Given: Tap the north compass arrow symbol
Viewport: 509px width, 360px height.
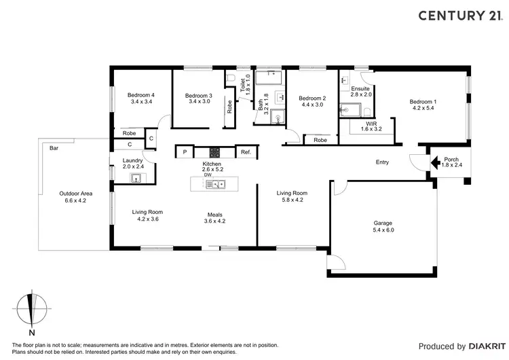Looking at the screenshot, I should pyautogui.click(x=31, y=310).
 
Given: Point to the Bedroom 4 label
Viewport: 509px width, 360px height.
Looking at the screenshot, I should pyautogui.click(x=143, y=95).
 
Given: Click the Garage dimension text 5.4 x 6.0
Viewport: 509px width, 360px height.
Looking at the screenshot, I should pyautogui.click(x=383, y=230).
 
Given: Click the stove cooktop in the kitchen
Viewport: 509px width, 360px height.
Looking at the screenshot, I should pyautogui.click(x=214, y=152).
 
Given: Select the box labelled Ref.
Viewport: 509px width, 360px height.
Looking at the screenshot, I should pyautogui.click(x=246, y=152).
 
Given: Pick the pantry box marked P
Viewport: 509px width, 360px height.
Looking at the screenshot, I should pyautogui.click(x=184, y=152).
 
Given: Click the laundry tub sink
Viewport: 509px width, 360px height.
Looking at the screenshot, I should pyautogui.click(x=136, y=178).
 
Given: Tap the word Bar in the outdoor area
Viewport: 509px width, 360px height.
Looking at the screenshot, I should pyautogui.click(x=54, y=147).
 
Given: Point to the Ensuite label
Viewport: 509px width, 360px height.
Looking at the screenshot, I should pyautogui.click(x=360, y=88).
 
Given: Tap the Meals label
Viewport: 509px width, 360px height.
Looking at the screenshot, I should pyautogui.click(x=214, y=215).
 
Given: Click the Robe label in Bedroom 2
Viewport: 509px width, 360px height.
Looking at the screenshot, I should pyautogui.click(x=320, y=140).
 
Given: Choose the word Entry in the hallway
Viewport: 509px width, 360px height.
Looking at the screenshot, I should pyautogui.click(x=383, y=162).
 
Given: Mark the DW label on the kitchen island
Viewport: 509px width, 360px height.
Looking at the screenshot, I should pyautogui.click(x=208, y=175).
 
